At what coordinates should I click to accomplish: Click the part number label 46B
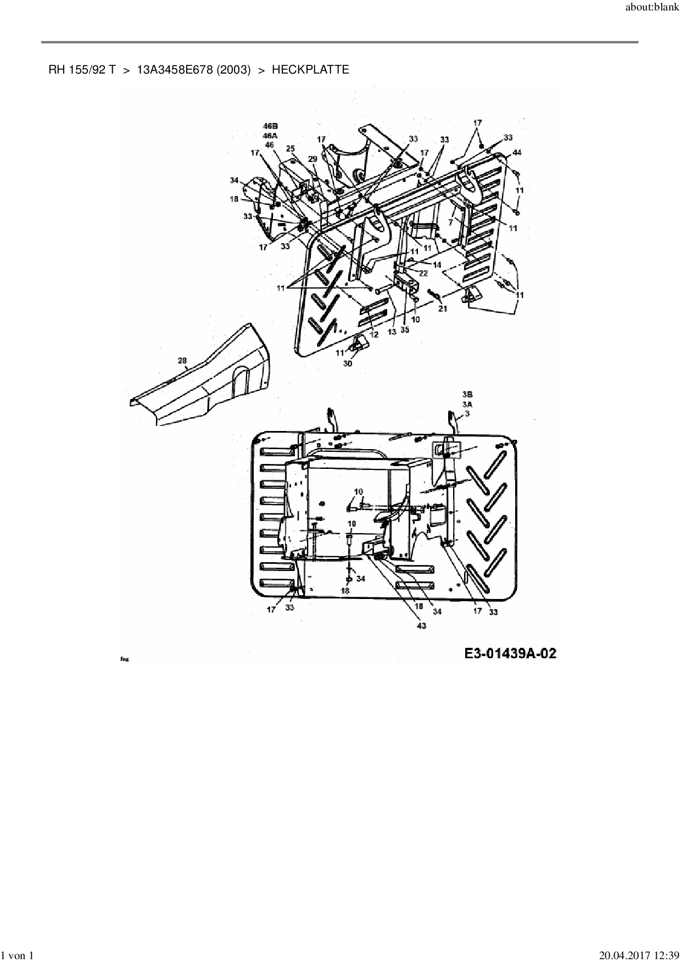270,126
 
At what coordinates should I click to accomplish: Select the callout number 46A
270,136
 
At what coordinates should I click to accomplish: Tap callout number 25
291,149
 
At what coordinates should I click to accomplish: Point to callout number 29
312,159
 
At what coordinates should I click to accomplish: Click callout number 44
517,152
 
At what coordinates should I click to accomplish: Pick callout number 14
437,265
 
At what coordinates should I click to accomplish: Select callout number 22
423,273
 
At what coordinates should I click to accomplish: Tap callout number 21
443,309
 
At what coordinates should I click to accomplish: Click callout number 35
405,330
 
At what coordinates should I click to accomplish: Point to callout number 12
374,334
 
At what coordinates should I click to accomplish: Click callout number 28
182,361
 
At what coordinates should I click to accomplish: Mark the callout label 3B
467,394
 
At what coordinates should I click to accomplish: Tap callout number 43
421,626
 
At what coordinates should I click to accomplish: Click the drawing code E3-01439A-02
510,653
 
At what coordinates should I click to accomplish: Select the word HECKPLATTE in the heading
310,70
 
